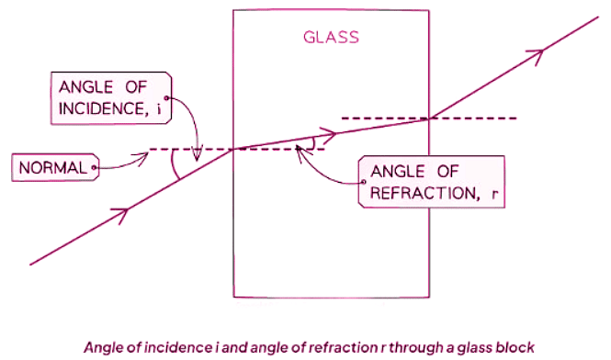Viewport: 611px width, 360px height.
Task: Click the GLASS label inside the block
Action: [331, 39]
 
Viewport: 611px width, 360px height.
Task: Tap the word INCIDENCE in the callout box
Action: [96, 109]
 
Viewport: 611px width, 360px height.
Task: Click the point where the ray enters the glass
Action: [233, 149]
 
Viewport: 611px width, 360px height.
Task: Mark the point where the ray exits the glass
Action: [429, 118]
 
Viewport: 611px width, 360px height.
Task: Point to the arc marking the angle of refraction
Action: [314, 142]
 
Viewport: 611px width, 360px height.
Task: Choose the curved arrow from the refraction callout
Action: [322, 165]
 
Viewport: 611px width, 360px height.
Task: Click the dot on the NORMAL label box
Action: [95, 168]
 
